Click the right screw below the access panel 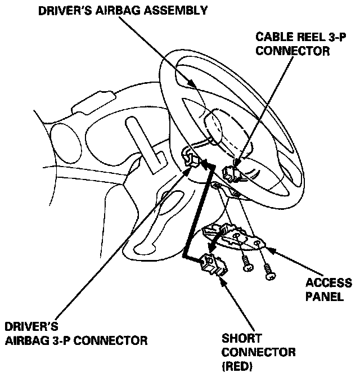pyautogui.click(x=269, y=273)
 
